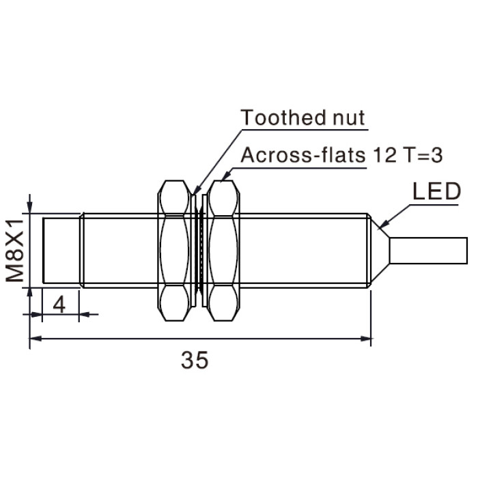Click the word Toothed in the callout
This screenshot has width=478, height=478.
[282, 117]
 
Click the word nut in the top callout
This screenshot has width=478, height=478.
[348, 118]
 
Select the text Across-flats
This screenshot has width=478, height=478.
[303, 155]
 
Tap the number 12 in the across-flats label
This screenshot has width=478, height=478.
[385, 155]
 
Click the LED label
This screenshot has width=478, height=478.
[436, 191]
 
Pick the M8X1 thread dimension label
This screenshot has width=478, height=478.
[14, 250]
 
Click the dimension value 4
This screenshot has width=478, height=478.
[59, 305]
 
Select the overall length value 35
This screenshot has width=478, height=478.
[195, 361]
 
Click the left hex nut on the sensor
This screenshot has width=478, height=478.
[173, 251]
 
